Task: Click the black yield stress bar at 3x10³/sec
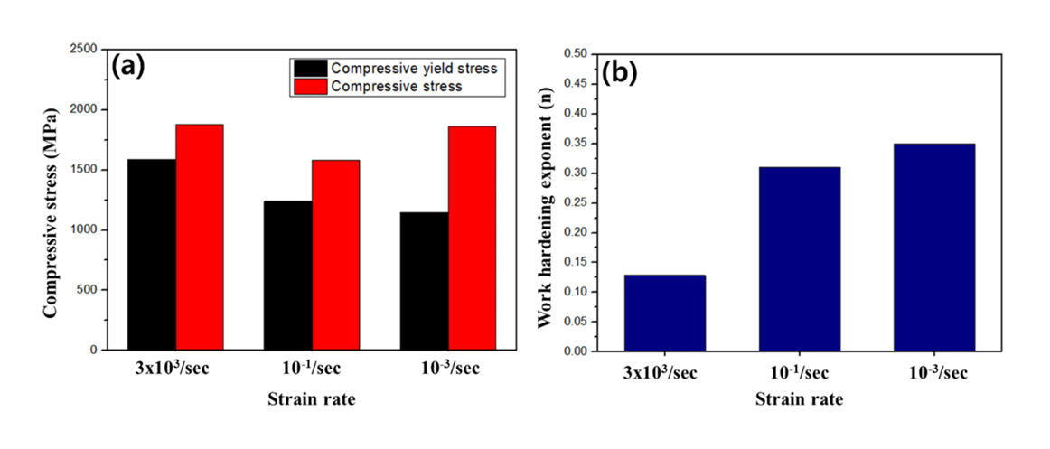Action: [153, 255]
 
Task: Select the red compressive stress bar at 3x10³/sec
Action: [200, 237]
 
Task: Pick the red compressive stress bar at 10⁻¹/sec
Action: [336, 255]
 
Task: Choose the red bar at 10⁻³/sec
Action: [472, 238]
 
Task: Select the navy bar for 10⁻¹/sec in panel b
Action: [800, 259]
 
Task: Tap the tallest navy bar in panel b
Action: [934, 247]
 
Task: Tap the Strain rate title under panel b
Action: [799, 400]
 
